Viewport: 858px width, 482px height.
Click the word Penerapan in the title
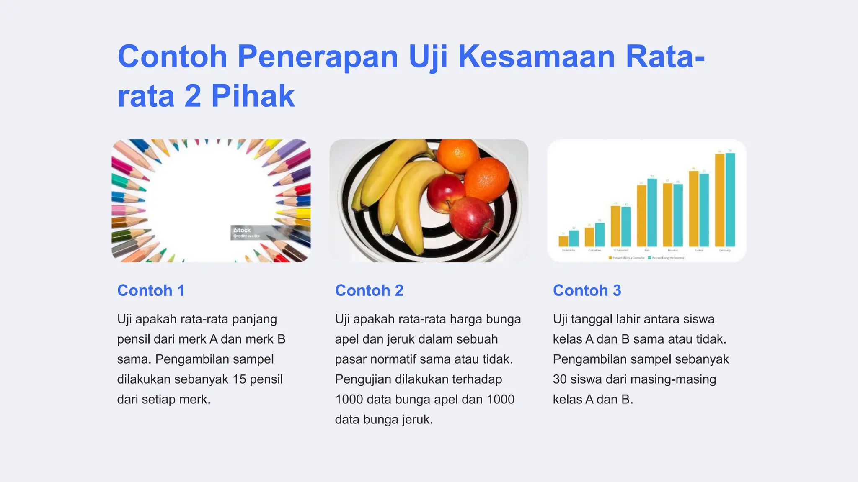(318, 56)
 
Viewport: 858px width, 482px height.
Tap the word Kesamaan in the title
(536, 56)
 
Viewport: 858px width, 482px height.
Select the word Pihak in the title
(253, 96)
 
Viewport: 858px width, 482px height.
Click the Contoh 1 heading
(151, 290)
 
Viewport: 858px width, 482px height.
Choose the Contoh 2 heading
(369, 290)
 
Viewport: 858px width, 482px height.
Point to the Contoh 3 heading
(587, 290)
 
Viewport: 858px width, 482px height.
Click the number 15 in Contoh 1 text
(239, 379)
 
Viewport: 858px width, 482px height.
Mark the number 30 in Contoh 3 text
(560, 379)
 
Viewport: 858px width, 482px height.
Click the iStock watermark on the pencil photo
(243, 230)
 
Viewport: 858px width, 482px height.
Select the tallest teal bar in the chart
(730, 200)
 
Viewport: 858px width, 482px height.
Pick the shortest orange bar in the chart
(563, 241)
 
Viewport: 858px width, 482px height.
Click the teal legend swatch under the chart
(649, 258)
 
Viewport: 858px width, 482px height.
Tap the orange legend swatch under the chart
(610, 258)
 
